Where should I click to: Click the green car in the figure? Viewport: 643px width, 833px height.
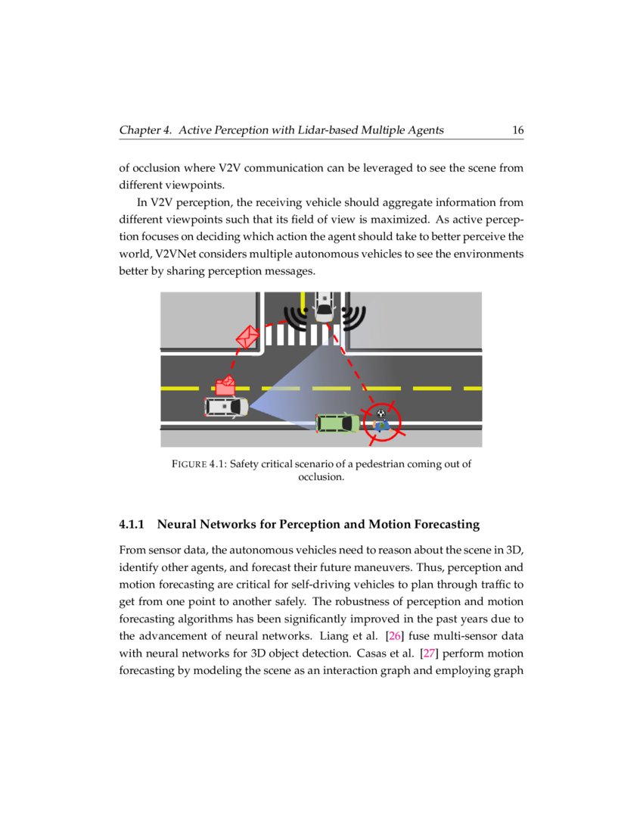[x=337, y=423]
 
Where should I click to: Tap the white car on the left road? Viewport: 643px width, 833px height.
[x=226, y=407]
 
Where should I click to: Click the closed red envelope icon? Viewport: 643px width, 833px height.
[x=247, y=336]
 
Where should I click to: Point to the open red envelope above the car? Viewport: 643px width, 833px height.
[x=225, y=385]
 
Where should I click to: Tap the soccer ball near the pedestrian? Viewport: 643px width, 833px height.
[x=381, y=413]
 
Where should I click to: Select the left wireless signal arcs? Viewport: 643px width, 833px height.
[x=296, y=318]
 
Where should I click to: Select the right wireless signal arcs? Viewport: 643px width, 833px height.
[x=353, y=318]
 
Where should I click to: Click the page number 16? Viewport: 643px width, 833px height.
[x=517, y=130]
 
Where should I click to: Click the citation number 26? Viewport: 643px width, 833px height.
[x=394, y=635]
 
